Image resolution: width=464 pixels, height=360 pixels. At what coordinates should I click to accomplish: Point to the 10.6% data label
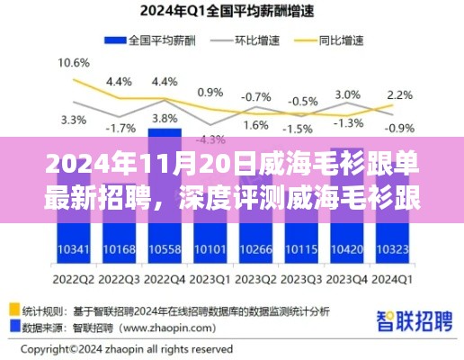click(73, 63)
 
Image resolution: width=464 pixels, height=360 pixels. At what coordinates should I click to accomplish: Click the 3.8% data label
click(164, 117)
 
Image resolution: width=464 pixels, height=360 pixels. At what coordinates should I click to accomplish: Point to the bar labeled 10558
click(164, 248)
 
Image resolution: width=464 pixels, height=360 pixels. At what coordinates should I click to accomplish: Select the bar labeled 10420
click(348, 248)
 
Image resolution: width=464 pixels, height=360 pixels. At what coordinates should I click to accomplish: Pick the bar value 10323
click(395, 248)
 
